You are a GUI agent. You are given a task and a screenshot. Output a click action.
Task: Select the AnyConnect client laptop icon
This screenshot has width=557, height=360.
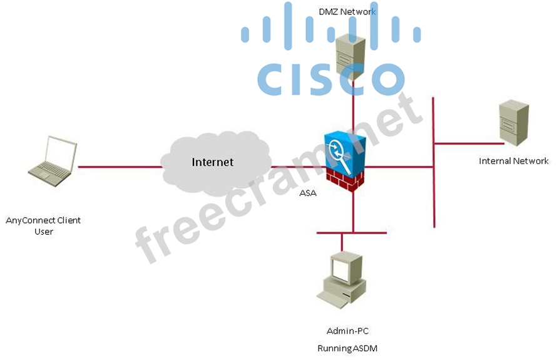click(54, 161)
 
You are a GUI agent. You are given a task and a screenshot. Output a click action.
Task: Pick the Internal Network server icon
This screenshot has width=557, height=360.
click(513, 123)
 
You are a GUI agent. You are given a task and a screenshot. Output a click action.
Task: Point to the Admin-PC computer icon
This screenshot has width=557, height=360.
click(341, 280)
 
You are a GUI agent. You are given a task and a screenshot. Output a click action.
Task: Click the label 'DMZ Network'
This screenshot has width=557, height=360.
click(347, 11)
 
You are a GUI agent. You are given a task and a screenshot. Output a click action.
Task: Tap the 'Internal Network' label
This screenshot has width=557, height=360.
click(513, 161)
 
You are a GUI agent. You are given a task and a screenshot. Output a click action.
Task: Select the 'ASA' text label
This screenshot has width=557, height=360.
click(308, 193)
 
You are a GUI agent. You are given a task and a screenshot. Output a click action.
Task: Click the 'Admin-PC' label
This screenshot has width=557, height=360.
click(344, 331)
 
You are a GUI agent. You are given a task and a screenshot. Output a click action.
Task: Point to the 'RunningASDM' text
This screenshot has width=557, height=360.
click(347, 347)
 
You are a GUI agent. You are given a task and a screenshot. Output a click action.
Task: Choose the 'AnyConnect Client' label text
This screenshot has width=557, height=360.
click(43, 220)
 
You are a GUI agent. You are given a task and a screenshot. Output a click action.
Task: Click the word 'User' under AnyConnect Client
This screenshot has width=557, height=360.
click(44, 232)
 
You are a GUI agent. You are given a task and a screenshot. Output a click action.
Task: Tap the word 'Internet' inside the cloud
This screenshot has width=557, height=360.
click(212, 162)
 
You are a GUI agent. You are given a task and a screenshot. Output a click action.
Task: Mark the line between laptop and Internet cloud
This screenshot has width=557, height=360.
click(119, 167)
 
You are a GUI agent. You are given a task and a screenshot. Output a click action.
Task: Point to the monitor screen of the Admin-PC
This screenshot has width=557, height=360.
click(342, 269)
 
